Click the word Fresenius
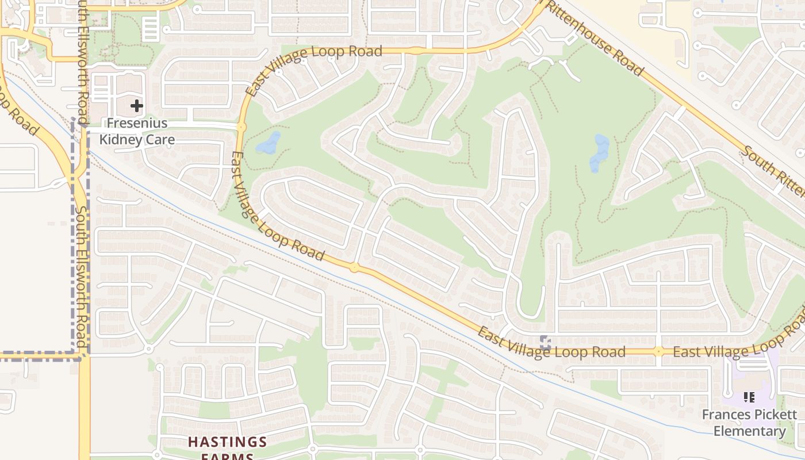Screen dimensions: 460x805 tap(137, 123)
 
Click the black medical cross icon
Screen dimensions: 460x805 tap(136, 106)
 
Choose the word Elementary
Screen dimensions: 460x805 tap(749, 431)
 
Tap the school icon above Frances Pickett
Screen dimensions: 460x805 tap(749, 397)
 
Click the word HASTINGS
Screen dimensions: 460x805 tap(228, 442)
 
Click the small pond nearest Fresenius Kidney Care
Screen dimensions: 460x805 tap(268, 143)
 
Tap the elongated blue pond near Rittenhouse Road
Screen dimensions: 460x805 tap(599, 154)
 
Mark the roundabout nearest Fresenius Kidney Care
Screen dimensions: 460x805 tap(241, 126)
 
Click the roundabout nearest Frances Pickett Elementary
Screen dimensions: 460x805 tap(658, 351)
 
